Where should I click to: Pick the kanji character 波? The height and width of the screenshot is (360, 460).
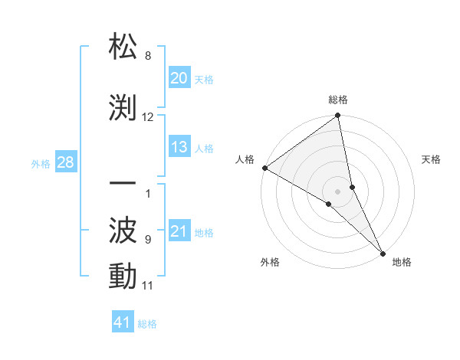point(123,229)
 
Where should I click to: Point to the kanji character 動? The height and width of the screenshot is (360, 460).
point(123,276)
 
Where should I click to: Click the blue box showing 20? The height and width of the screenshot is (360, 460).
point(179,78)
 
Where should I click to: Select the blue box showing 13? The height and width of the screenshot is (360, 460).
point(179,147)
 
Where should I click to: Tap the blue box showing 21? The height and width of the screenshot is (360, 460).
point(179,231)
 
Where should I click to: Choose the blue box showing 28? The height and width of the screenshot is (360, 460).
point(65,162)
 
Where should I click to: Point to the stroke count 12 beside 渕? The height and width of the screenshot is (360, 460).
point(148,117)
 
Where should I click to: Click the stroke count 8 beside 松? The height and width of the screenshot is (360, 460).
point(148,56)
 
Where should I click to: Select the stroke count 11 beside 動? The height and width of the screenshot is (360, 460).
point(148,286)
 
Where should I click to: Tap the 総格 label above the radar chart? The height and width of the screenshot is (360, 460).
point(338,100)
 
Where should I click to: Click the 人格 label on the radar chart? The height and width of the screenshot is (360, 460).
point(245,159)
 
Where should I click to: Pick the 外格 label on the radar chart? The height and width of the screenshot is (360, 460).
point(270,262)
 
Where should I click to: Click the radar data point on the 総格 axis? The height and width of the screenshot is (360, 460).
point(338,116)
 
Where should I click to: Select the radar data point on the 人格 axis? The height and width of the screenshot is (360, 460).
point(264,168)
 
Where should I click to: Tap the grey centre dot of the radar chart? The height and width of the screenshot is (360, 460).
point(337,191)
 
